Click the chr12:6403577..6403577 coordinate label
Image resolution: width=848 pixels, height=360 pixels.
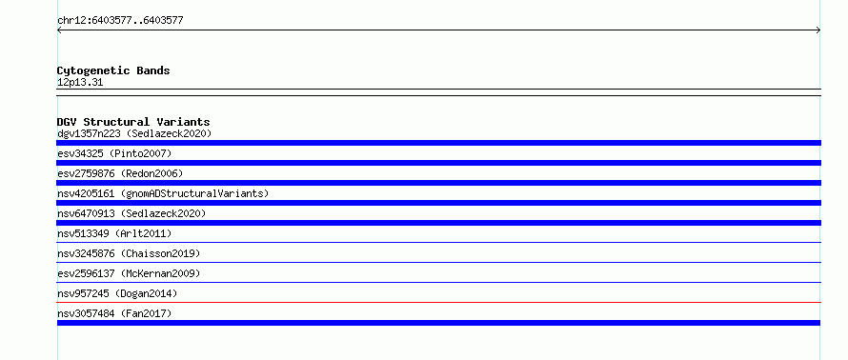coord(120,21)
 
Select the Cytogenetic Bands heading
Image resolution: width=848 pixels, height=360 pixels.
coord(113,70)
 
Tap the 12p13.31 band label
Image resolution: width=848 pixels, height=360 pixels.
coord(80,83)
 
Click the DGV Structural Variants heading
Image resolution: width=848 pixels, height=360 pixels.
coord(133,122)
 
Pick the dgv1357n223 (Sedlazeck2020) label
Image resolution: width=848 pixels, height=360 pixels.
coord(134,133)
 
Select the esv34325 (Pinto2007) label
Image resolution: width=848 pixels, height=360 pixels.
coord(114,153)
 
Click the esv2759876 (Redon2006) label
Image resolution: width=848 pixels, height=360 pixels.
coord(120,173)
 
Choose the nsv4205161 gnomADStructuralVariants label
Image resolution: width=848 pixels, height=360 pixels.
coord(163,193)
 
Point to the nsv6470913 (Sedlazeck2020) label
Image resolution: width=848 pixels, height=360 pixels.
coord(131,213)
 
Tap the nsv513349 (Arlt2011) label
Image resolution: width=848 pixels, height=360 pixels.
coord(114,233)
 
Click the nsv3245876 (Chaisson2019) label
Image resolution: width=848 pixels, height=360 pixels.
coord(129,253)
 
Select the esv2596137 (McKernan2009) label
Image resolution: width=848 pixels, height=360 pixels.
coord(129,273)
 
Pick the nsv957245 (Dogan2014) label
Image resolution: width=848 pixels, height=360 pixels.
coord(117,293)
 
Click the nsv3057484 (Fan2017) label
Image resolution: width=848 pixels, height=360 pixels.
coord(114,313)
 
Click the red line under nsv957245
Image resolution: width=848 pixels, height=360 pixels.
coord(438,302)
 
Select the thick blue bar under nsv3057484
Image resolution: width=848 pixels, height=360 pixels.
coord(438,323)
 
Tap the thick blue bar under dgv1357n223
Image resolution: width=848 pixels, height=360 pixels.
coord(438,143)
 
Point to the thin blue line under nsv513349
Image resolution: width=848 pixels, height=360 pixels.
coord(438,242)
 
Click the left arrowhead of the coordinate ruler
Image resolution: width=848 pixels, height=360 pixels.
coord(59,30)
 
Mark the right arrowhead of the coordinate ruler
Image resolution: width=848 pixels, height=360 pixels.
coord(818,30)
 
